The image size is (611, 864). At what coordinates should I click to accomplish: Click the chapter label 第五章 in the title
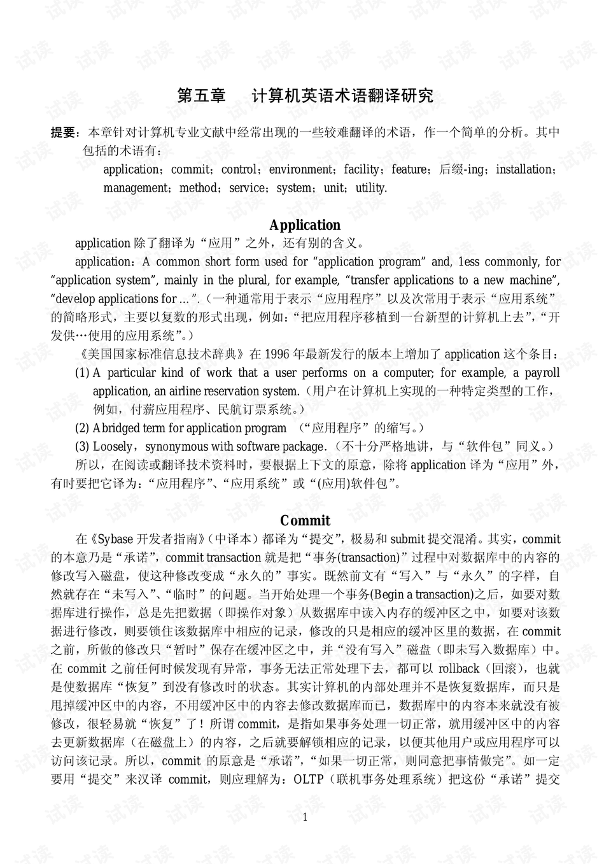201,96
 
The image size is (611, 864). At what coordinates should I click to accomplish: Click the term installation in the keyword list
523,169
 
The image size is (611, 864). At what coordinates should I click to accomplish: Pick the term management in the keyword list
136,188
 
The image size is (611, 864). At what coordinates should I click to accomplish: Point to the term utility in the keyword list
371,188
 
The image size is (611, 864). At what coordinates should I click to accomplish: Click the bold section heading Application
305,225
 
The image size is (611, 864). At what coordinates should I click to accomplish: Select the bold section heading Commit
305,520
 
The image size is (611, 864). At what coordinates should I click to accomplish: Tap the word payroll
542,372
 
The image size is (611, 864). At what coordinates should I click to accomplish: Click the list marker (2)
82,428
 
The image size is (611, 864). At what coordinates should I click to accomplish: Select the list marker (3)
82,446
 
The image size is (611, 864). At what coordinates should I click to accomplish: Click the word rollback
459,669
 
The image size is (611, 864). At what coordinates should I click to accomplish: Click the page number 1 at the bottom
305,817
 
